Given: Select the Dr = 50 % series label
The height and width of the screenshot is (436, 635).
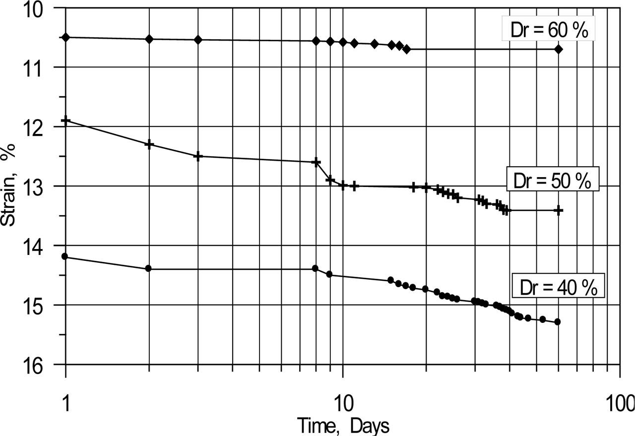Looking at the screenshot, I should tap(552, 181).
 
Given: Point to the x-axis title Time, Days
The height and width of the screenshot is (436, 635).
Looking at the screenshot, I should tap(343, 426).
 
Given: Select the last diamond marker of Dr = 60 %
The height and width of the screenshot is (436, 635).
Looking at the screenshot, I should tap(559, 49).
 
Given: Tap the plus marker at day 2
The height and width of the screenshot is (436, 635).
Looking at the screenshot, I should tap(149, 144).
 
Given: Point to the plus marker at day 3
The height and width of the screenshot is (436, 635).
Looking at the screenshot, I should tap(198, 156).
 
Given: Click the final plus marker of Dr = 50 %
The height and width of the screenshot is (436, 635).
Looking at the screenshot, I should tap(559, 210).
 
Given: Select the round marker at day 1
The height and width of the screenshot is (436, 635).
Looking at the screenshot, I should tap(65, 256).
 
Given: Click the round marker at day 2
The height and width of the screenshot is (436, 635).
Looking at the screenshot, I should tap(148, 268).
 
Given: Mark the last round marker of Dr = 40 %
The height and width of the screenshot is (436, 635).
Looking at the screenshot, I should tap(558, 322).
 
